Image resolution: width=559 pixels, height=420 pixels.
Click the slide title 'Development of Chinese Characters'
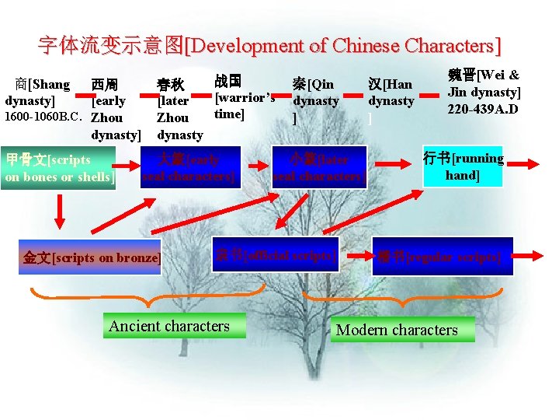tap(269, 45)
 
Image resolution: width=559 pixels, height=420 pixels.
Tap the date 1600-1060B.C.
tap(43, 118)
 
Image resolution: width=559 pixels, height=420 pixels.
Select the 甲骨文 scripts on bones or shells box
tap(58, 168)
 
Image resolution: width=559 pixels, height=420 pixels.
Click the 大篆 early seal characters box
tap(187, 168)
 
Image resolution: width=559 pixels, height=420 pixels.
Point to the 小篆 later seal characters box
tap(318, 168)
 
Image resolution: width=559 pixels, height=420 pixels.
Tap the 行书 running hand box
tap(464, 166)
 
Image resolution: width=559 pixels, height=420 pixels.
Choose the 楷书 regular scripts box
tap(443, 257)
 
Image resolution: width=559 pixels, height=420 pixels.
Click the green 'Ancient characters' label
tap(169, 326)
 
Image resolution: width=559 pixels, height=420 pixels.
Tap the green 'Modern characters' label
tap(397, 330)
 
